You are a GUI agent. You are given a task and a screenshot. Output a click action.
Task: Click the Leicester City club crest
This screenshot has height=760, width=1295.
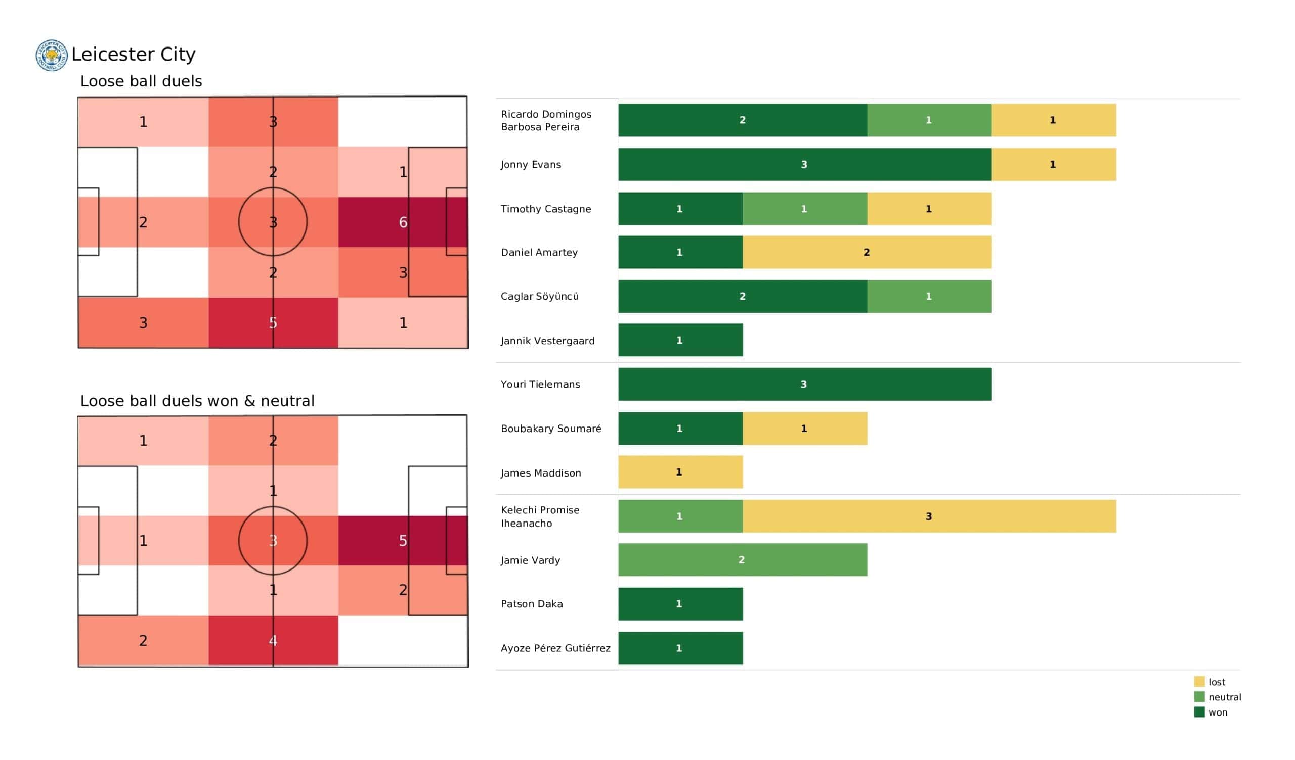52,56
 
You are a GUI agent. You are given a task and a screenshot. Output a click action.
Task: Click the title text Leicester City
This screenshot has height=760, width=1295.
133,55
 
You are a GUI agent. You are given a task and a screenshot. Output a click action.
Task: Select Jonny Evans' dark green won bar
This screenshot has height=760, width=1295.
804,164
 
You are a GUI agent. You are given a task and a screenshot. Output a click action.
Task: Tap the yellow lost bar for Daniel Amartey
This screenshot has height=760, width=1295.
867,252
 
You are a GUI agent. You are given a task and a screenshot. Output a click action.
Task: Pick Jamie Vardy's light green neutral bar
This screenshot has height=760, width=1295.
742,560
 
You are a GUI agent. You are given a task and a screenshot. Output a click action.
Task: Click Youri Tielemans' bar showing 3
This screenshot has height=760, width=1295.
804,384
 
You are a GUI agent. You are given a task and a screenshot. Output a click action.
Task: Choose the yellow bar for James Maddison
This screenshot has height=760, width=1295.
680,472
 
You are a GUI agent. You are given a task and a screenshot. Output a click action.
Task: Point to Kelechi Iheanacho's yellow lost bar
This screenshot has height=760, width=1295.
929,516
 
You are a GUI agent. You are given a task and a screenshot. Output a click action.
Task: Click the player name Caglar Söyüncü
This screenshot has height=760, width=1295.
540,296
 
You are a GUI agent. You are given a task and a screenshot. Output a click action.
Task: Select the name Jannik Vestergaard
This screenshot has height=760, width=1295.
548,341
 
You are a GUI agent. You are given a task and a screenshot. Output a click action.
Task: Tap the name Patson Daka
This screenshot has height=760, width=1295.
532,604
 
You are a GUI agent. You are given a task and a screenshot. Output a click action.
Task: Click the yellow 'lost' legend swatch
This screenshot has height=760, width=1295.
1199,682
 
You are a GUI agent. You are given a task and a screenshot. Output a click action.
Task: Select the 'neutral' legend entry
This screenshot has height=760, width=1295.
1224,697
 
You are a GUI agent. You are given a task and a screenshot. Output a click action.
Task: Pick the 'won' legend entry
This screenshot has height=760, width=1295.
1218,712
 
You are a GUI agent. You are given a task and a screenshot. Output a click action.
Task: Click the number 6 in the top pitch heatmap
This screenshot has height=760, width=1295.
403,222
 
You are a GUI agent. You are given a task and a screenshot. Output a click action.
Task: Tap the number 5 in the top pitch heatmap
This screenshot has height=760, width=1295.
273,323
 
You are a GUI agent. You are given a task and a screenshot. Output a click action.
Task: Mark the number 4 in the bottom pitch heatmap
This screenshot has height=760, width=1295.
273,640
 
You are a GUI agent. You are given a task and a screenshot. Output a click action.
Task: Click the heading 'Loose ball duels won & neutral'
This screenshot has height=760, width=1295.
197,401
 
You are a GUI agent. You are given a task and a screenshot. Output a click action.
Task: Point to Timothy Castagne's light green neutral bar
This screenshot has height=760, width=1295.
804,209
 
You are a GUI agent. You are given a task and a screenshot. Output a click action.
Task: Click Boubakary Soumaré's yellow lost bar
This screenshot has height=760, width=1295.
804,429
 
